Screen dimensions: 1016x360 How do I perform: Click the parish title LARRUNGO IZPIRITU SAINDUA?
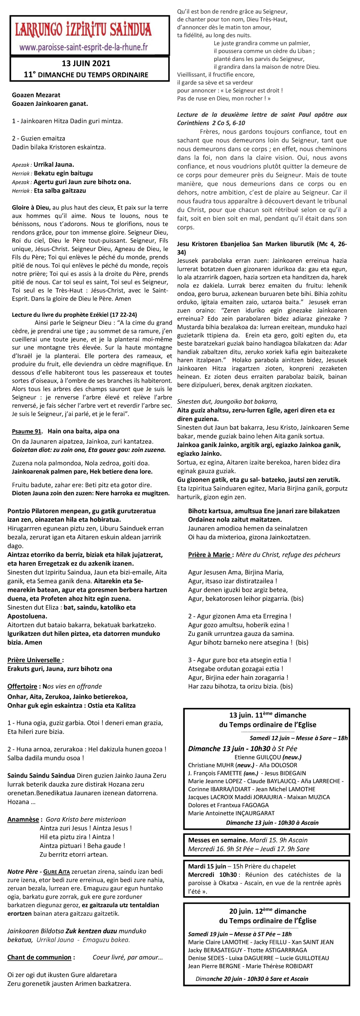[x=83, y=30]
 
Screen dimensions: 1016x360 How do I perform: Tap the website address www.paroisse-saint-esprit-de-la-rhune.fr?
[x=83, y=47]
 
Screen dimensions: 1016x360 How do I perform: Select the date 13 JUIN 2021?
[x=86, y=63]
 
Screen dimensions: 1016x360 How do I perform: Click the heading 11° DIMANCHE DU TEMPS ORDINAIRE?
[x=86, y=75]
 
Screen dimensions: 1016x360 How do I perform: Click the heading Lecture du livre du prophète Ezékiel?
[x=74, y=315]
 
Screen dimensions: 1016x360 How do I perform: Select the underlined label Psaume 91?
[x=27, y=431]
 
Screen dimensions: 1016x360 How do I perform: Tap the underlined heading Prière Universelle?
[x=36, y=660]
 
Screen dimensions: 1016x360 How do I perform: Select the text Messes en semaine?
[x=217, y=840]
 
